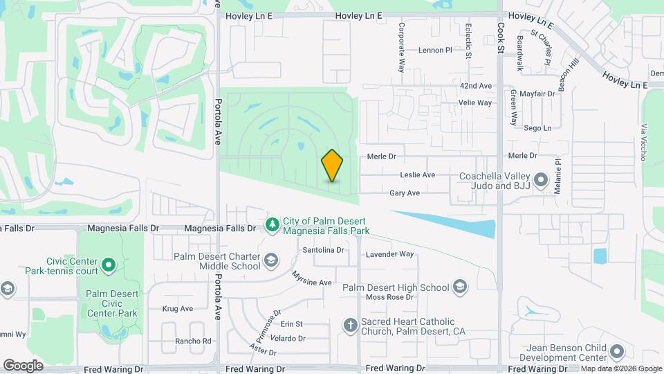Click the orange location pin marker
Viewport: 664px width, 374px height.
332,166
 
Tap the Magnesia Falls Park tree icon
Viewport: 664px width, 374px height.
273,224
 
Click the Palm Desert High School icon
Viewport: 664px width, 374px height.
460,287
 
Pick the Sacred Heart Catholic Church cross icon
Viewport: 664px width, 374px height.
351,324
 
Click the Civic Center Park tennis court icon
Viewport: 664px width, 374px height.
108,265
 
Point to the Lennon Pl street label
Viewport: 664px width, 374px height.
435,50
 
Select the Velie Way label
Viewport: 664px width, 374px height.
475,103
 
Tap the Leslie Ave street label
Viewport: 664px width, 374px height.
417,175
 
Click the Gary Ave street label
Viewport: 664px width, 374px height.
405,193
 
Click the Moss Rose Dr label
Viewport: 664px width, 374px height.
389,297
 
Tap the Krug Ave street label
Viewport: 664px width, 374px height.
177,309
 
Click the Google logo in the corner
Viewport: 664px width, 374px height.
23,365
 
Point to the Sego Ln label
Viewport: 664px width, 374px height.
537,128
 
